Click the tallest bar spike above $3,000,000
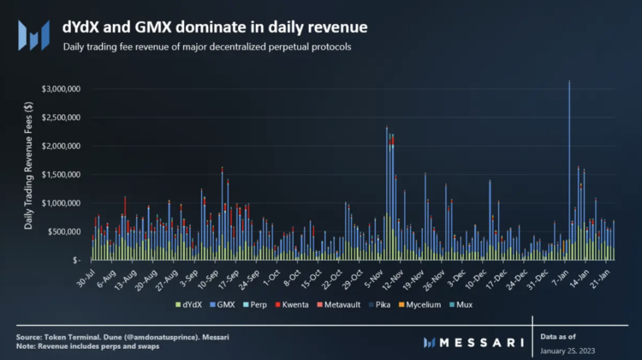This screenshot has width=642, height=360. click(569, 132)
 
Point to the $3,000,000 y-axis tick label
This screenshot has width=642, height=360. click(61, 89)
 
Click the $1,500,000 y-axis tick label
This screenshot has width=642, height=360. click(61, 174)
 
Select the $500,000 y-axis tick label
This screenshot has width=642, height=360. click(65, 232)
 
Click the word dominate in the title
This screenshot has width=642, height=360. click(217, 28)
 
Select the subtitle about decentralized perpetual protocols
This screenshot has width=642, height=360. click(207, 48)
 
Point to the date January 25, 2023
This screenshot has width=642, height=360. click(569, 350)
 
